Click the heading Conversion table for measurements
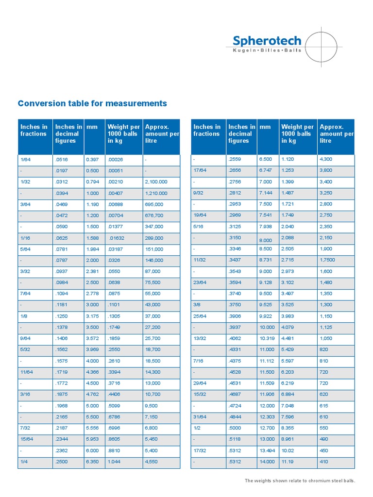click(x=92, y=103)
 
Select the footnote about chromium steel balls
click(x=300, y=480)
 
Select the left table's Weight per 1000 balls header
click(x=123, y=134)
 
